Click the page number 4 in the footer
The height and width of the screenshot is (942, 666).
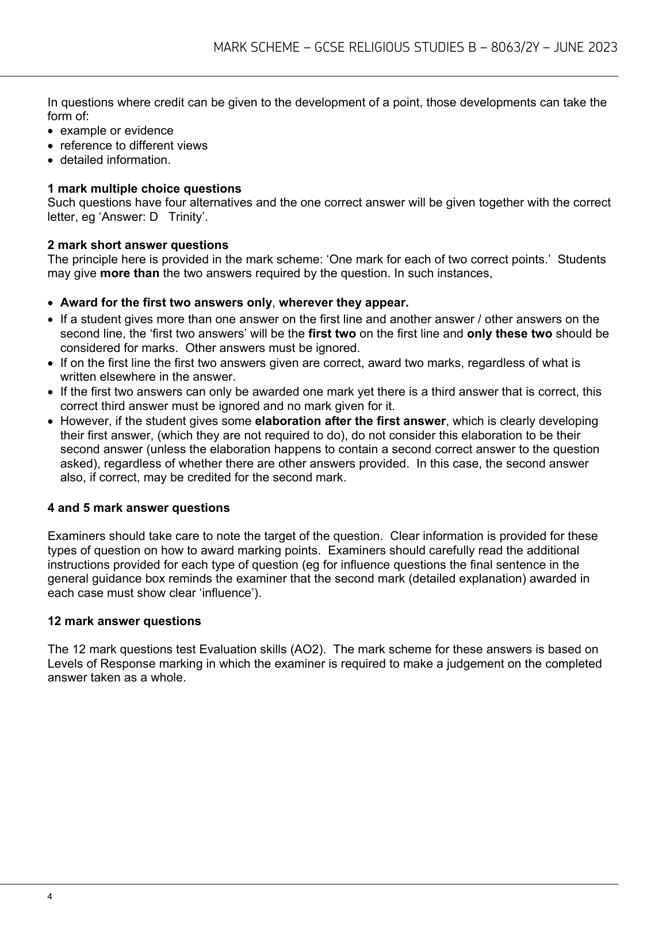point(50,897)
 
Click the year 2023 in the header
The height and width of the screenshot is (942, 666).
point(603,47)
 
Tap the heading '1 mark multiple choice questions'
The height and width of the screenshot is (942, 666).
point(144,189)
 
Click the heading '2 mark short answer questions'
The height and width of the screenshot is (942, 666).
point(137,245)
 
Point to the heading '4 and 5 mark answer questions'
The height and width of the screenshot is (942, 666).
point(139,508)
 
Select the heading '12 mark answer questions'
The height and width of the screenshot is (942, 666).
point(124,621)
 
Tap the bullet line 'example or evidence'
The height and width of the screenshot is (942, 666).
point(116,131)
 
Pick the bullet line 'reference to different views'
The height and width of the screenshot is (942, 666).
point(133,145)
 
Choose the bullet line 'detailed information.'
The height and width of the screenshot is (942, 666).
point(115,160)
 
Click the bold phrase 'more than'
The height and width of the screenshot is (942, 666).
point(129,273)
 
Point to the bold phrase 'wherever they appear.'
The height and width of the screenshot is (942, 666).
point(343,302)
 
